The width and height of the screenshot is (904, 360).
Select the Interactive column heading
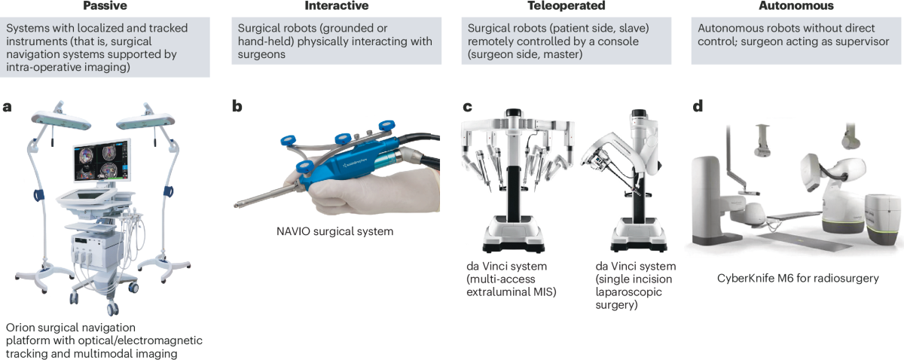click(x=336, y=6)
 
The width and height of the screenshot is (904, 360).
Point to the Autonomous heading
click(x=797, y=6)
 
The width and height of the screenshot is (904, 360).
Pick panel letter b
click(x=237, y=106)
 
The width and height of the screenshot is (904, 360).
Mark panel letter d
click(x=698, y=106)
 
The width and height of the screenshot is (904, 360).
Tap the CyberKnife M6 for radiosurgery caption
click(x=798, y=278)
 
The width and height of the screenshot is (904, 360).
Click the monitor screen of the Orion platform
click(x=102, y=163)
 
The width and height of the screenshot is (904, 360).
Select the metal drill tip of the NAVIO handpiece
click(x=253, y=200)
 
